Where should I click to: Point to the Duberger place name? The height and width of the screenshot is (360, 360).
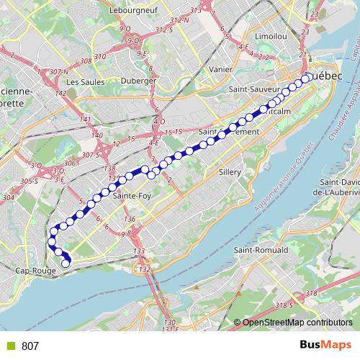140,81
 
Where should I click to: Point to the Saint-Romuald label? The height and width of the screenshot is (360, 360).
261,249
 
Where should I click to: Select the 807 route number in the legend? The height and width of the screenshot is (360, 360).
31,346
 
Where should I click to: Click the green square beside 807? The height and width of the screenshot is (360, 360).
12,346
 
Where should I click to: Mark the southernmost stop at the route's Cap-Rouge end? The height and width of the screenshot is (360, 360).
66,264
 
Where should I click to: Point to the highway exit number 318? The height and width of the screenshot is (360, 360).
311,293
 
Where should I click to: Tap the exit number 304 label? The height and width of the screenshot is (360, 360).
9,197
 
